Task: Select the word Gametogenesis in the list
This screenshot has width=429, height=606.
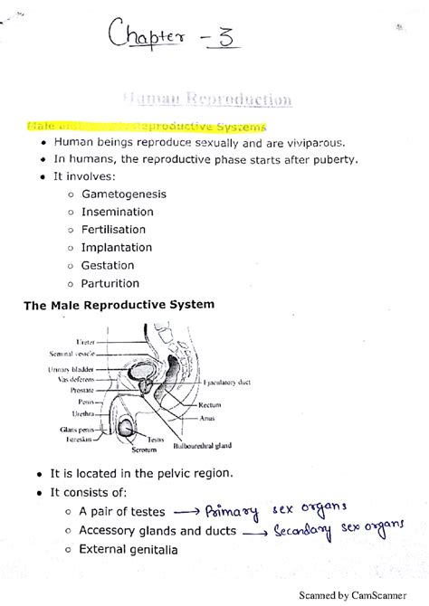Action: (x=124, y=194)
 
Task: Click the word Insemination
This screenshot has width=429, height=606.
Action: (x=118, y=212)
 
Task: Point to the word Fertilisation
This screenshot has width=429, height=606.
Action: (x=118, y=230)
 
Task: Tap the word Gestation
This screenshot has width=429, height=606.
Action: (x=108, y=265)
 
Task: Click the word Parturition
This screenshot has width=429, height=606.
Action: (x=111, y=283)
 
